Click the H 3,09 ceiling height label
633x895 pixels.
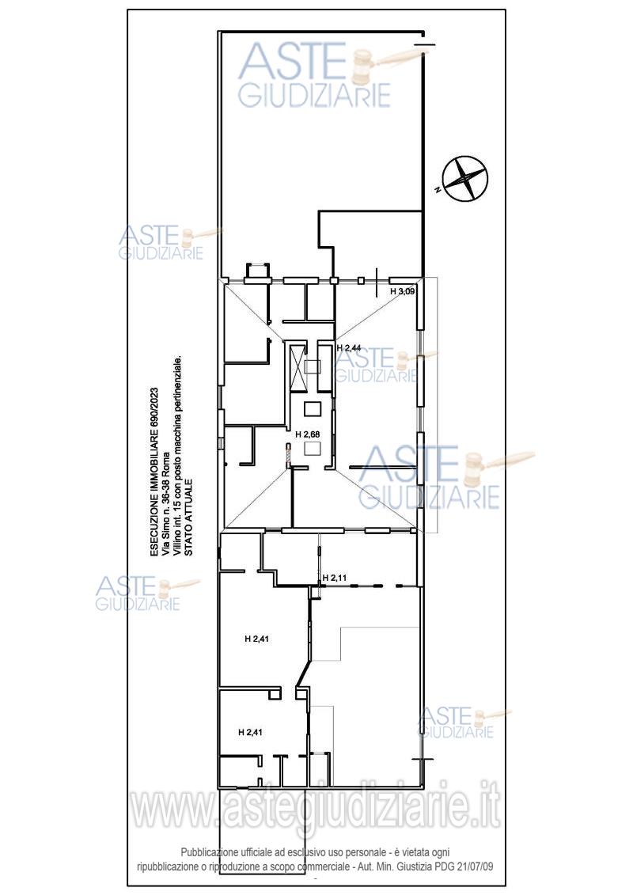(x=403, y=291)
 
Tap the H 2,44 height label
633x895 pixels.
(x=349, y=347)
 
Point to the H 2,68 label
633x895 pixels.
(x=308, y=434)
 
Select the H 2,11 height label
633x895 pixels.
(x=335, y=578)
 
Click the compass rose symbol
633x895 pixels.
(x=467, y=179)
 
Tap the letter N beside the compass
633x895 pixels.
(x=437, y=189)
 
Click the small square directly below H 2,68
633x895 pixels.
(x=313, y=449)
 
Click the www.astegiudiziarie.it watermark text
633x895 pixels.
(x=316, y=809)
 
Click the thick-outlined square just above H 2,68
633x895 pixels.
(x=313, y=408)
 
